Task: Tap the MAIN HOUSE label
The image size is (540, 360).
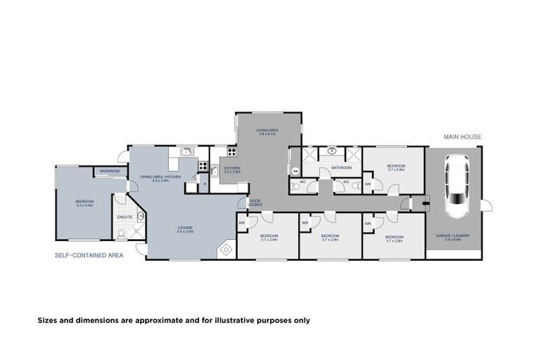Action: (462, 136)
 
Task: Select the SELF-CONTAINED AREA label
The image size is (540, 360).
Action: (89, 255)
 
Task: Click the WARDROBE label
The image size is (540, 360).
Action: (109, 171)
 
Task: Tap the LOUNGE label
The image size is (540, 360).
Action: (186, 227)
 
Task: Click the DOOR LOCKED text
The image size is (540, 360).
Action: (255, 202)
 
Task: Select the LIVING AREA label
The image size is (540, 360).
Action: (268, 130)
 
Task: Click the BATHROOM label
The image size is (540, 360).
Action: (342, 168)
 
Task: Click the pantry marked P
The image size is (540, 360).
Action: (205, 184)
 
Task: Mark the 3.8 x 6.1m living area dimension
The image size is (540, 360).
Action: (267, 134)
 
